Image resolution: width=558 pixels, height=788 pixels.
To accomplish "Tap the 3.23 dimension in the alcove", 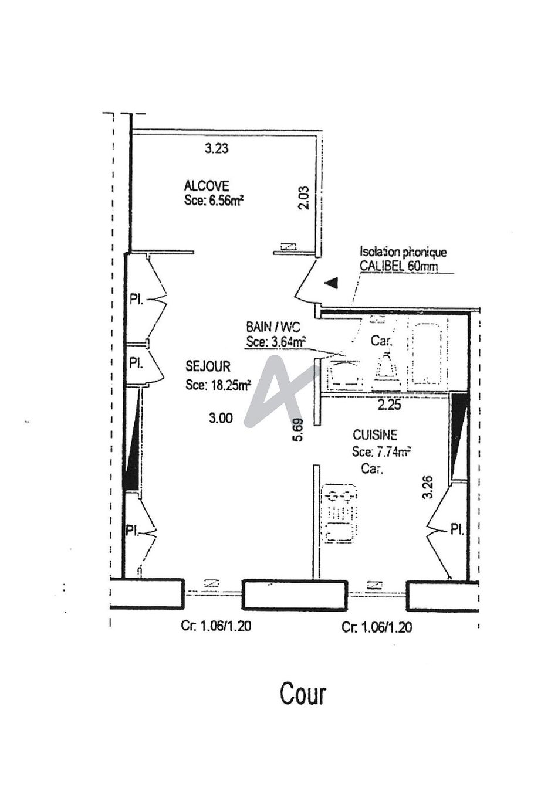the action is tap(217, 148).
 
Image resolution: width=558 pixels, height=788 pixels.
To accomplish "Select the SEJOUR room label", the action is tap(208, 366).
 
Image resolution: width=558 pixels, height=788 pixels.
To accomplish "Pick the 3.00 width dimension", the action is tap(221, 418).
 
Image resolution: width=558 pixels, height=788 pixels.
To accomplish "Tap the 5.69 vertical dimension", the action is tap(299, 430).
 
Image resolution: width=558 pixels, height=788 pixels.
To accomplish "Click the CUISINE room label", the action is tap(374, 435).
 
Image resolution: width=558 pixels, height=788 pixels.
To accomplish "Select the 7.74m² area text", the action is tap(392, 451).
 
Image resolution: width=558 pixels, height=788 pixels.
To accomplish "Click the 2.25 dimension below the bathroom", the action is tap(389, 405).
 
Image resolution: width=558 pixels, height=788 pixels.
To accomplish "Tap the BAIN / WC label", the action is tap(273, 328).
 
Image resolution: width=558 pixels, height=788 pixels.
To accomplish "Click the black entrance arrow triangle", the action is tap(332, 283).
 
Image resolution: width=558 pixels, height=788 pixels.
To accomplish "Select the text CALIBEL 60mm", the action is tap(398, 266).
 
